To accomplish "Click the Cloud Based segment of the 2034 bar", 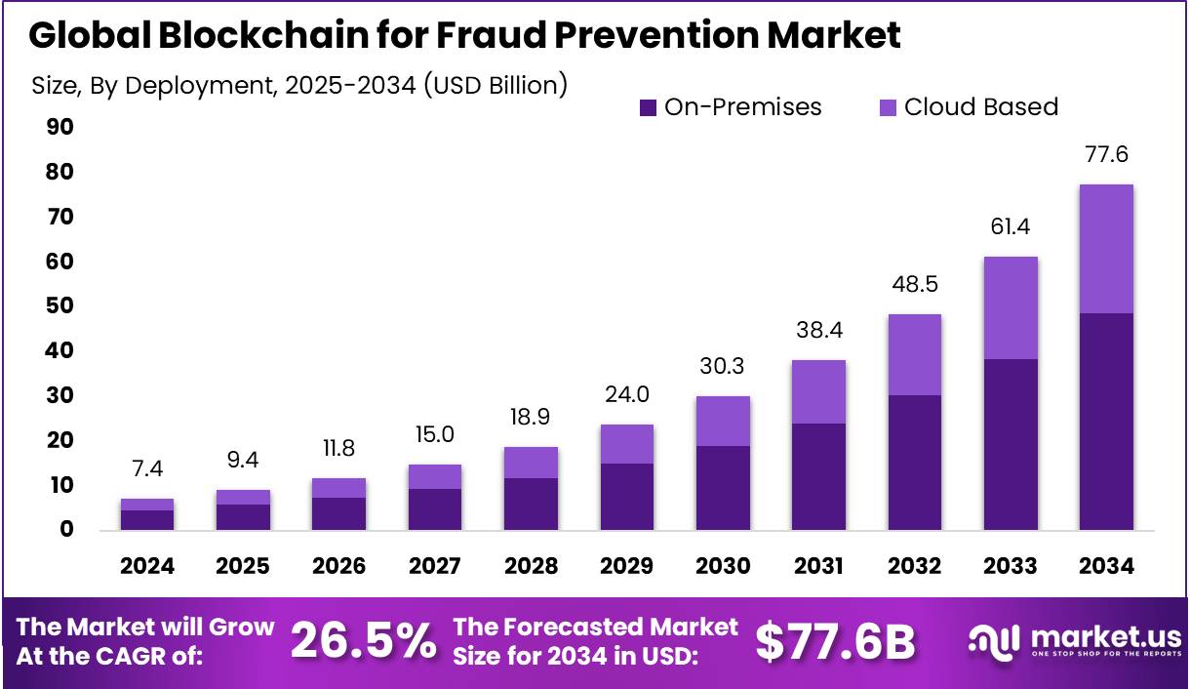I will [1106, 248].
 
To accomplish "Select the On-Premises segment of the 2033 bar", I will [1011, 444].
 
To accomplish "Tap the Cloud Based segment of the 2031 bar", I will [818, 391].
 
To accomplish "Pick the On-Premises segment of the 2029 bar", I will [627, 496].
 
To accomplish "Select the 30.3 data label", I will [723, 366].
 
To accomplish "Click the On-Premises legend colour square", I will [648, 107].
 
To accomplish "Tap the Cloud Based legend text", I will [980, 106].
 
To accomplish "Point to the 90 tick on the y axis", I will [59, 127].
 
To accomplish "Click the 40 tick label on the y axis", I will [59, 350].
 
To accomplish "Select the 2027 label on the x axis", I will [434, 567].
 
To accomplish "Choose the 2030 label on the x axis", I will [723, 567].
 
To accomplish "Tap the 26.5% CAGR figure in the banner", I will [363, 641].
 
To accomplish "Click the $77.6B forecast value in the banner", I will [836, 641].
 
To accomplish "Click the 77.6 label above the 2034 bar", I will [1106, 154].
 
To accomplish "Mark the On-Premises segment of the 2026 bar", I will [338, 513].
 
